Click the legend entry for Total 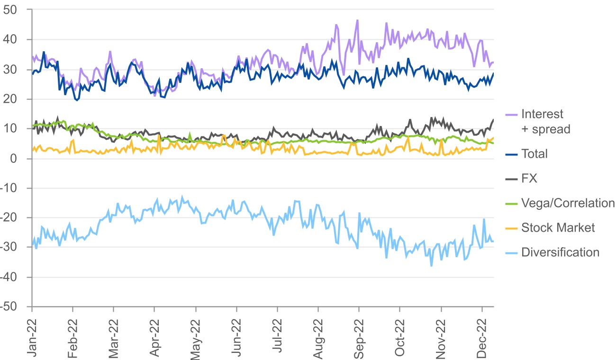click(x=534, y=153)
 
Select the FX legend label click(x=530, y=179)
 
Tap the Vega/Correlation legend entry click(x=568, y=203)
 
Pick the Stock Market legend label click(x=558, y=228)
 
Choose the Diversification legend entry click(x=560, y=252)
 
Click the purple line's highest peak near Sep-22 click(x=357, y=20)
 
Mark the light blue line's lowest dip click(x=431, y=266)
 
